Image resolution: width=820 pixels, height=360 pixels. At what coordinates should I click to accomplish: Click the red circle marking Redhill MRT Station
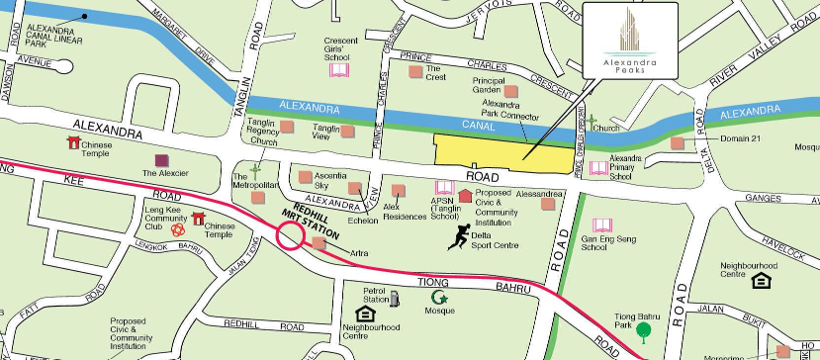click(x=291, y=235)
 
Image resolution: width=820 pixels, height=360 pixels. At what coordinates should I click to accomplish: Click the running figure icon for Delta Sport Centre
click(x=459, y=235)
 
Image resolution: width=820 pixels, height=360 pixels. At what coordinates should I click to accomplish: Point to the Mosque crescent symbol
click(x=437, y=296)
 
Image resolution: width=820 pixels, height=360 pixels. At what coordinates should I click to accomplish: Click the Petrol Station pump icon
click(x=396, y=298)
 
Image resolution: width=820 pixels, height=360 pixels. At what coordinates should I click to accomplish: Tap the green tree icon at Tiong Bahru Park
click(x=644, y=330)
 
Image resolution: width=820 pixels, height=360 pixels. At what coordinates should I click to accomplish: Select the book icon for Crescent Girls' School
click(x=339, y=69)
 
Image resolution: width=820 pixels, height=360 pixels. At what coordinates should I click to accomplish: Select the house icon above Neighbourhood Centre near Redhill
click(x=364, y=315)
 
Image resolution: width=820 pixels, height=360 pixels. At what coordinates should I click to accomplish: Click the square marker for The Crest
click(x=416, y=71)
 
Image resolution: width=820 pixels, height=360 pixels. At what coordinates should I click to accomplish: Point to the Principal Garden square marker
click(x=511, y=91)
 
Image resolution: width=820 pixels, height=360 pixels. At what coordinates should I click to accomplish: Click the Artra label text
click(x=359, y=254)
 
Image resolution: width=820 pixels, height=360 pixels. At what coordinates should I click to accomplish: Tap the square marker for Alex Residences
click(x=398, y=191)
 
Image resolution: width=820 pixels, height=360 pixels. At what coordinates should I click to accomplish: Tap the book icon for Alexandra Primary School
click(x=598, y=167)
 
